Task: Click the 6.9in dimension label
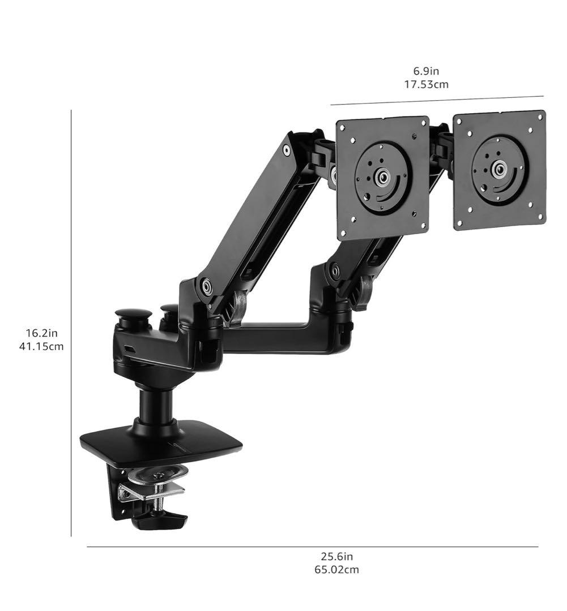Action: (x=426, y=71)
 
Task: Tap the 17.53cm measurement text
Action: (x=426, y=84)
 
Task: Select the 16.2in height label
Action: (x=42, y=333)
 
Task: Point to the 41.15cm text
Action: (x=41, y=346)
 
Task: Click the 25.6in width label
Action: (x=337, y=557)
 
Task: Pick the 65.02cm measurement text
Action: (x=337, y=570)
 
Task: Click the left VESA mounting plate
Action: (x=383, y=178)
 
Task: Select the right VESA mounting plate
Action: (x=500, y=170)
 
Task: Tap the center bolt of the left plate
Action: (x=383, y=177)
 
